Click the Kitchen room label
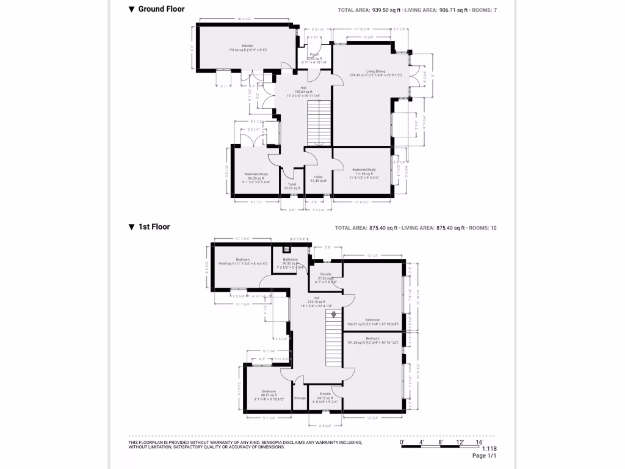[247, 46]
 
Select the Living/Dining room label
[375, 71]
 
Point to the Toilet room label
[292, 184]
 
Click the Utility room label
[318, 176]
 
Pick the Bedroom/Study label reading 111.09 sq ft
[364, 170]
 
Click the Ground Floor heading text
[161, 9]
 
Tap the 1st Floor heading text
[154, 227]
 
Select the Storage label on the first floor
[300, 398]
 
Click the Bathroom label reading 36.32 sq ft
[290, 260]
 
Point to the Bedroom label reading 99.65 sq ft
[243, 260]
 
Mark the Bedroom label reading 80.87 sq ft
[269, 391]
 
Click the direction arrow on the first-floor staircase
[333, 314]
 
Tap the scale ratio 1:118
[490, 448]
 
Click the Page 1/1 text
[485, 456]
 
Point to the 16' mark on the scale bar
[479, 441]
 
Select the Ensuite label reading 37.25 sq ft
[326, 274]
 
